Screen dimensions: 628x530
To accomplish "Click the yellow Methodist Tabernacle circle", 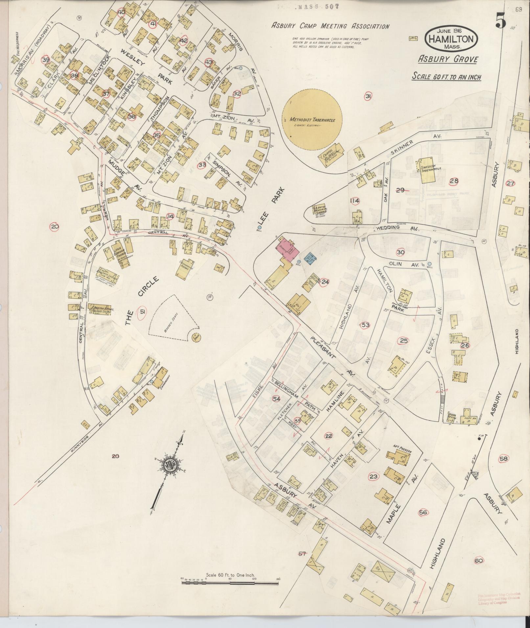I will click(x=312, y=120).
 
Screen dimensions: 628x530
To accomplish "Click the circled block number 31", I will click(x=368, y=96).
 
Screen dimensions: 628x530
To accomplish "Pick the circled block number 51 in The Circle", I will click(x=142, y=312).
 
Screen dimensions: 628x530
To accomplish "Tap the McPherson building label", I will click(x=402, y=451).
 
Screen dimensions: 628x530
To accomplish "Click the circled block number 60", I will click(x=479, y=560).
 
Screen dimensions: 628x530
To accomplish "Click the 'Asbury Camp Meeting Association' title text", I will click(x=330, y=26).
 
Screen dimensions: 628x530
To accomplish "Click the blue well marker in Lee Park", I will click(x=259, y=227).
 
